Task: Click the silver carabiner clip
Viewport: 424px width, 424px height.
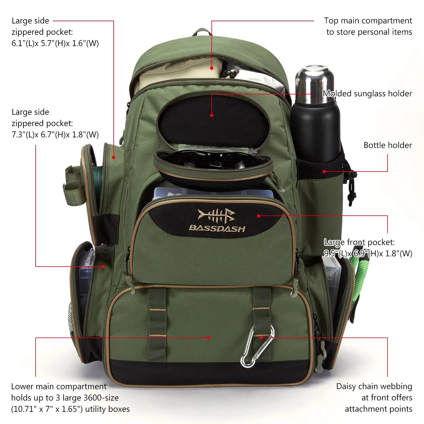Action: (256, 348)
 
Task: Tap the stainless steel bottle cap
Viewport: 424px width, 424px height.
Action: (315, 82)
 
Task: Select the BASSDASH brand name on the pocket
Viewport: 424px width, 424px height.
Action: (217, 228)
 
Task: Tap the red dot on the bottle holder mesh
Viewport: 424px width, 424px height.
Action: (324, 172)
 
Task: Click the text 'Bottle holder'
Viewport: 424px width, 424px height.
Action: (388, 145)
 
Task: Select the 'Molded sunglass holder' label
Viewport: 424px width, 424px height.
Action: (367, 94)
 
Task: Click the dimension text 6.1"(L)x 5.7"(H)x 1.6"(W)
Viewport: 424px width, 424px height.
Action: (55, 43)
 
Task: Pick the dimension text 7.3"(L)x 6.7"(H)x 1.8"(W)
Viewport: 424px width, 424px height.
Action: (55, 135)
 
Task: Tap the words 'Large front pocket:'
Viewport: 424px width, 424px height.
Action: (359, 242)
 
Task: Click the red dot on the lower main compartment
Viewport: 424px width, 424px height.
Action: (208, 338)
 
